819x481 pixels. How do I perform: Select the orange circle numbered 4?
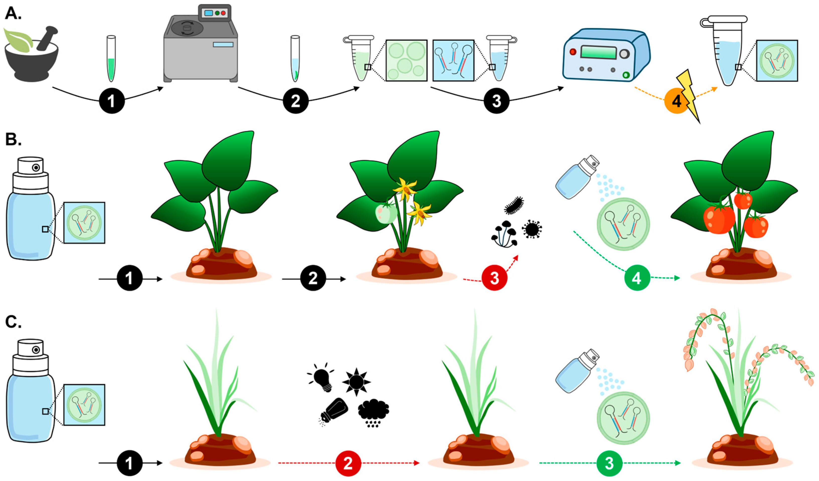point(676,101)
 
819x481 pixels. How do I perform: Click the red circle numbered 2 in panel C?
point(348,463)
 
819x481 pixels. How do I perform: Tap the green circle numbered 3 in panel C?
point(609,463)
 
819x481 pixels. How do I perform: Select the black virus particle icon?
point(532,229)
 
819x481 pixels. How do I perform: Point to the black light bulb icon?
point(321,377)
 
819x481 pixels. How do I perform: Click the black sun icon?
point(356,381)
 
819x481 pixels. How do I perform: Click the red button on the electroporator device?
point(573,52)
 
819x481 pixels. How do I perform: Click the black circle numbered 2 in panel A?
point(295,101)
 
